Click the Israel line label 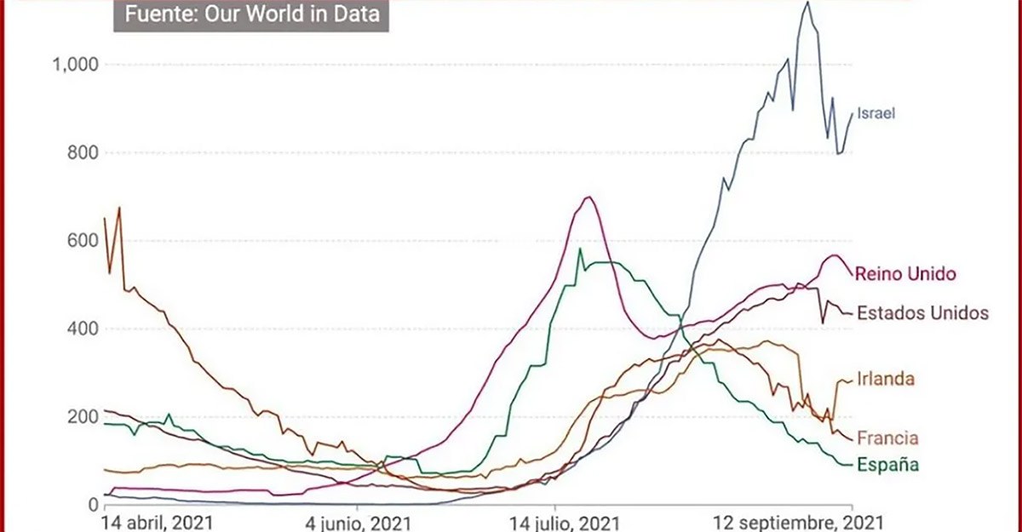tap(876, 112)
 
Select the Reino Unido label tap(904, 274)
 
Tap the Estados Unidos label tap(922, 312)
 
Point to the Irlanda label tap(886, 379)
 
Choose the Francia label tap(887, 438)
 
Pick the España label tap(887, 465)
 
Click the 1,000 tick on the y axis tap(76, 65)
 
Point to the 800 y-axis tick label tap(83, 153)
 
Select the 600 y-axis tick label tap(83, 241)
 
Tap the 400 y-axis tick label tap(83, 329)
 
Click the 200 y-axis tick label tap(83, 417)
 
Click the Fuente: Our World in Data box tap(251, 14)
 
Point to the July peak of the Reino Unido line tap(588, 197)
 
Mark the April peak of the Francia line tap(119, 207)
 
